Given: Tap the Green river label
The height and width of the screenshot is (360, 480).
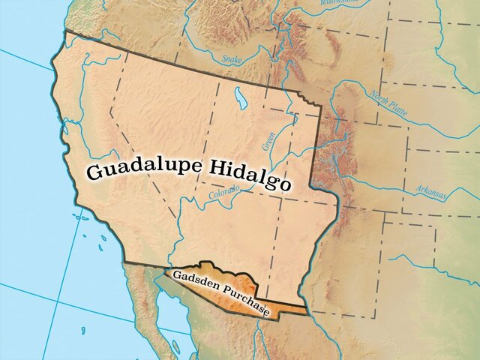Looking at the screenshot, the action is click(x=268, y=140).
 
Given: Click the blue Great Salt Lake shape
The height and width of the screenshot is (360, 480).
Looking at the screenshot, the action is click(x=241, y=97).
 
